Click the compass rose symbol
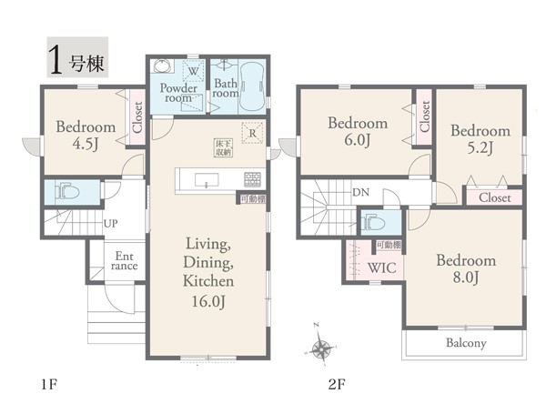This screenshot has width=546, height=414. click(x=320, y=348)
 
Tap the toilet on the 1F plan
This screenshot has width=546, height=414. click(x=67, y=191)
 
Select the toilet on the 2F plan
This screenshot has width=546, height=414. click(x=373, y=222)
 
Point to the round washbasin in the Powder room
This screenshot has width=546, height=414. click(x=162, y=66)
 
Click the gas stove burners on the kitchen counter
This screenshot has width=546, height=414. click(x=252, y=179)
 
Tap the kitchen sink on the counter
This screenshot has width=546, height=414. click(x=207, y=180)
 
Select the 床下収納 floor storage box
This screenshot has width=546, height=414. click(x=223, y=147)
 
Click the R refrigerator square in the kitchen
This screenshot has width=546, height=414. click(x=252, y=133)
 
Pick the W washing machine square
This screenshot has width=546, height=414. click(x=193, y=71)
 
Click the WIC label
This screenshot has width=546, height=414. click(x=381, y=268)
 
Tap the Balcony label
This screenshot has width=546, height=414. click(x=466, y=343)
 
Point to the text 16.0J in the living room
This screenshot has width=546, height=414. click(x=208, y=301)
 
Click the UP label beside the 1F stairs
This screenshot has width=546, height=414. click(x=111, y=223)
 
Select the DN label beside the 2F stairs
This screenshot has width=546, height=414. click(x=360, y=192)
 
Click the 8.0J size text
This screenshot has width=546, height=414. click(x=466, y=278)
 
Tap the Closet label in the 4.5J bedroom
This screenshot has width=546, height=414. click(x=138, y=117)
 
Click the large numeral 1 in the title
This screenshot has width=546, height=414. click(x=56, y=60)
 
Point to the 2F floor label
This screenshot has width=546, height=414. click(x=337, y=384)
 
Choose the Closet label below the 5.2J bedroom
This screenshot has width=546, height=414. click(x=494, y=197)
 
